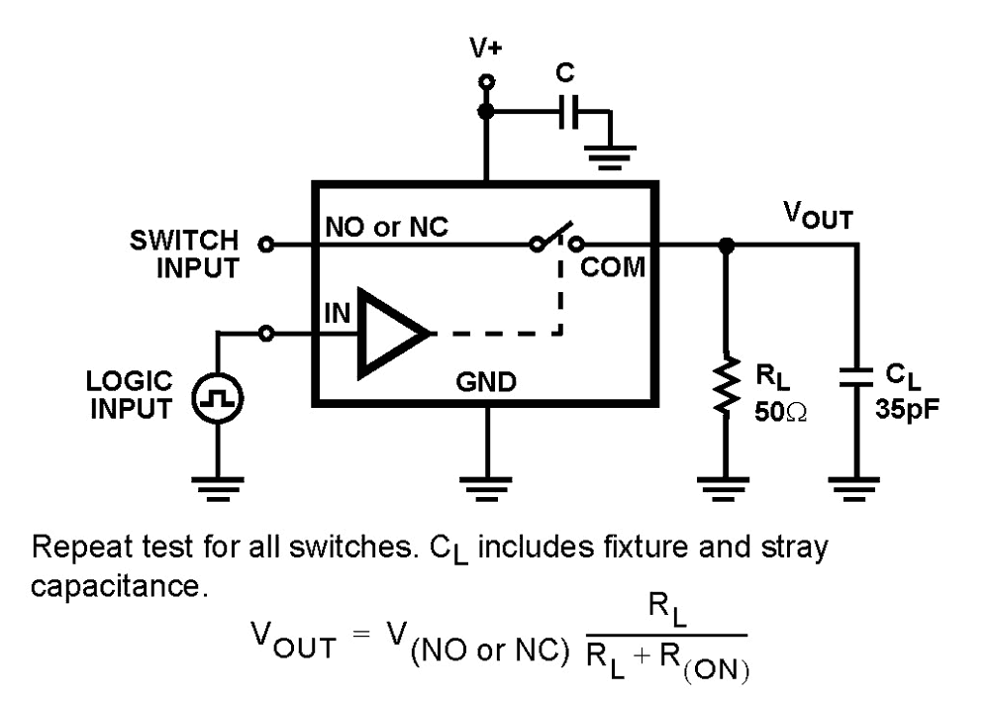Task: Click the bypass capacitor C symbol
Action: pos(567,114)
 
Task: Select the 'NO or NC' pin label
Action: pos(386,227)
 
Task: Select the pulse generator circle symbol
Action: pos(217,399)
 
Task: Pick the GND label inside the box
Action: pos(485,382)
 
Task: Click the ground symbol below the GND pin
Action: pos(485,484)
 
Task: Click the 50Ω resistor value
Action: pos(780,411)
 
